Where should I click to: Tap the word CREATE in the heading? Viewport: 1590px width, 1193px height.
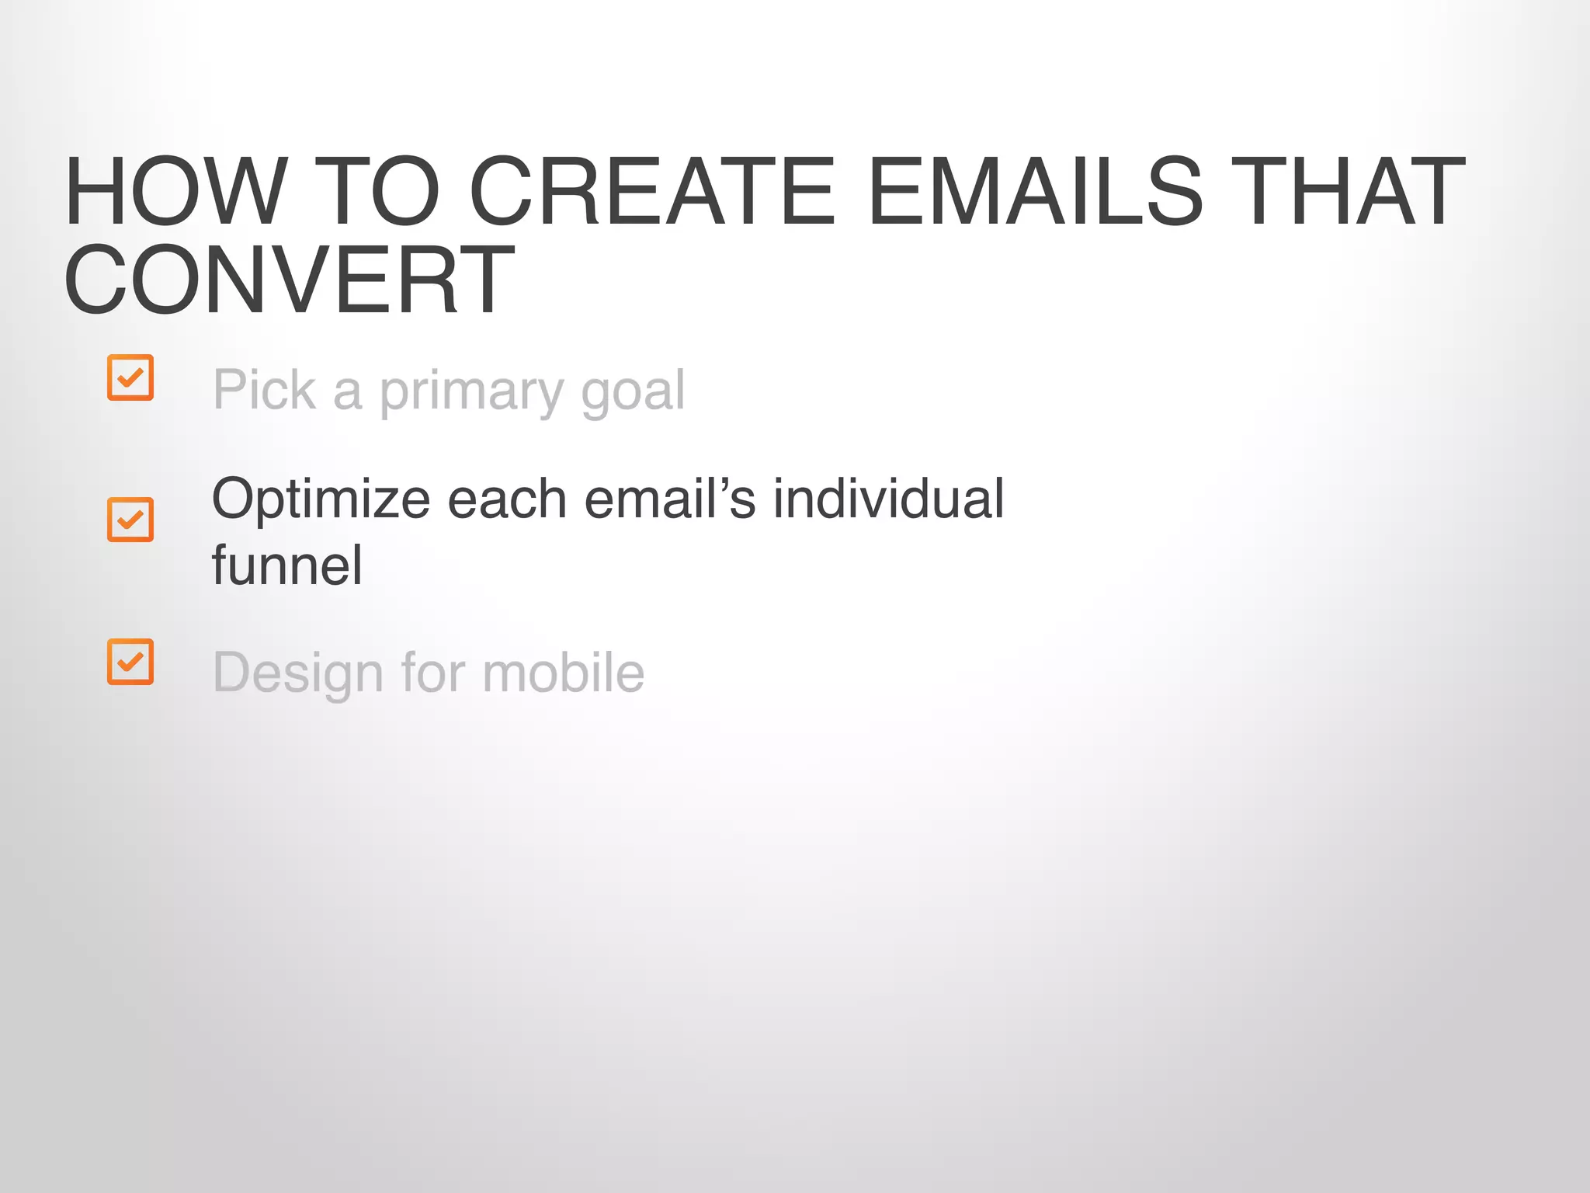(651, 192)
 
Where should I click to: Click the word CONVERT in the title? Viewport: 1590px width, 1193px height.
(289, 280)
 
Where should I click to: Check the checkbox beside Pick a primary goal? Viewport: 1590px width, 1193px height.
(130, 378)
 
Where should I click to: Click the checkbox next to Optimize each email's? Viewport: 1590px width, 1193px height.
(130, 520)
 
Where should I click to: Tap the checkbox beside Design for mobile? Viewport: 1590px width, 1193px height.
(130, 662)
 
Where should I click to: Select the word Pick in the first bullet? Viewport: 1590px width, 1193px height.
(264, 390)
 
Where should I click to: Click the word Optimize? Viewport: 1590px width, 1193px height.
(321, 499)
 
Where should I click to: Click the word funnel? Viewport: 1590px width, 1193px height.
(286, 565)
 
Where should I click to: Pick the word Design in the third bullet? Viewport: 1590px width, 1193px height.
(298, 673)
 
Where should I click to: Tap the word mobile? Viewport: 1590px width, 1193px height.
(563, 672)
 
